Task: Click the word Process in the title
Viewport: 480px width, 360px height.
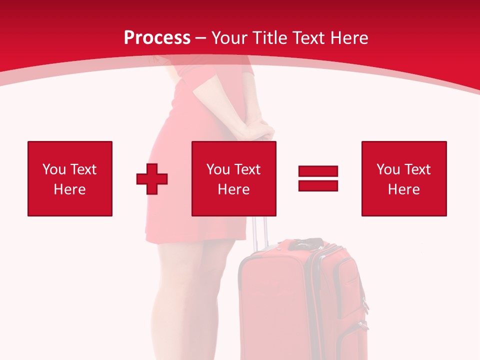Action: pyautogui.click(x=157, y=38)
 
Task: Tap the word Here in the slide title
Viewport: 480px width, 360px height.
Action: pyautogui.click(x=349, y=38)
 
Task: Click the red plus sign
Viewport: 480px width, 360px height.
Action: pyautogui.click(x=152, y=179)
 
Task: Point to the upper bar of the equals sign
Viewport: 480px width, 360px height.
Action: pyautogui.click(x=318, y=171)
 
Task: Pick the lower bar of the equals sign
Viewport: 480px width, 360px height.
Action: pyautogui.click(x=318, y=185)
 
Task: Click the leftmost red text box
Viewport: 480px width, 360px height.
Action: pyautogui.click(x=70, y=178)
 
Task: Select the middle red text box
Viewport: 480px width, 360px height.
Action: pyautogui.click(x=234, y=178)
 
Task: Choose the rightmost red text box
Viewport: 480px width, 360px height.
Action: pyautogui.click(x=404, y=178)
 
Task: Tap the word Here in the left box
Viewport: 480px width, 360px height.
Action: pyautogui.click(x=70, y=189)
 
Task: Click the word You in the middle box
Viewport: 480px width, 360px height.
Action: pyautogui.click(x=218, y=169)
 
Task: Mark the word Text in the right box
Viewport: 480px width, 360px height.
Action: pyautogui.click(x=417, y=169)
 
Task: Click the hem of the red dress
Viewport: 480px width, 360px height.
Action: pyautogui.click(x=195, y=240)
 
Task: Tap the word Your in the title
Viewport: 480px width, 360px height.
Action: pyautogui.click(x=232, y=38)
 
